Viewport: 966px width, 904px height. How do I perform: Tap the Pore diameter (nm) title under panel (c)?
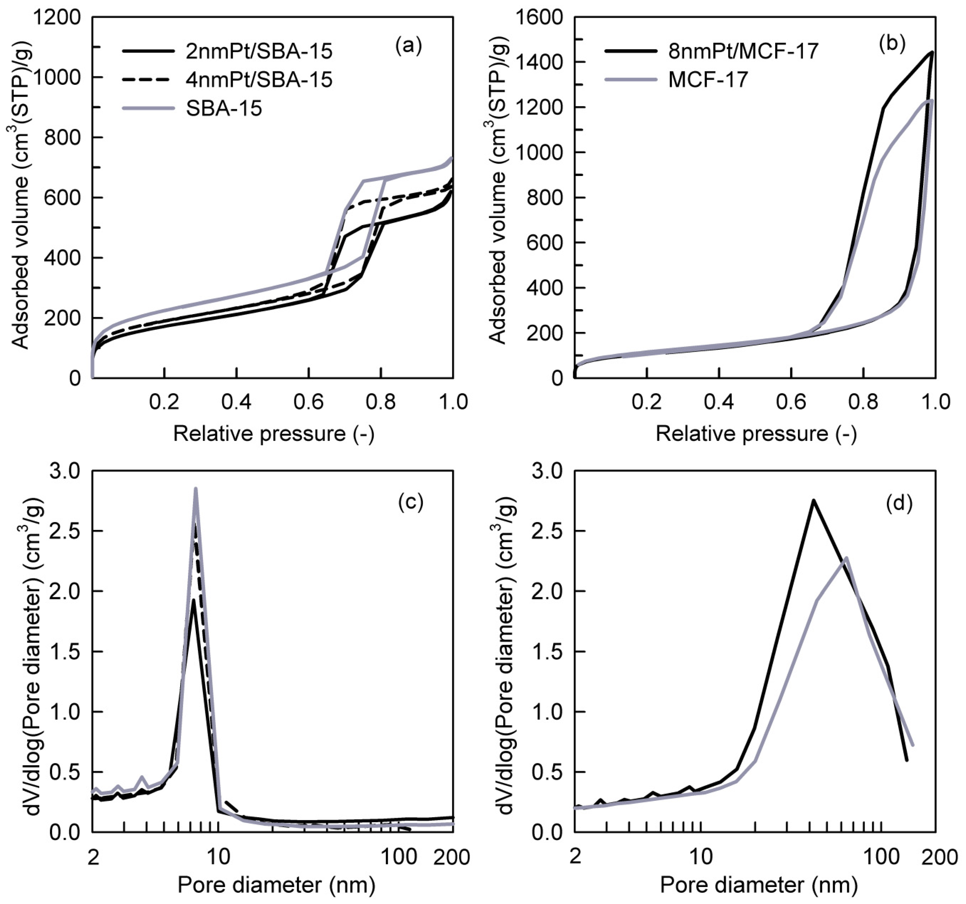(x=276, y=885)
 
